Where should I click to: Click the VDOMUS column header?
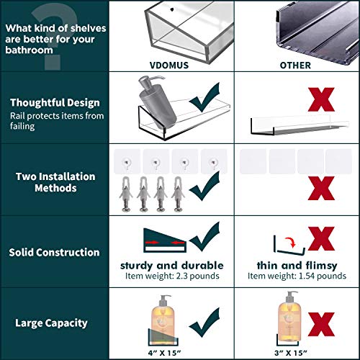click(x=169, y=66)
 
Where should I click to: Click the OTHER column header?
click(x=295, y=66)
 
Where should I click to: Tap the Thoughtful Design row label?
click(x=55, y=103)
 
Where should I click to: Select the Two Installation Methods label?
click(x=55, y=182)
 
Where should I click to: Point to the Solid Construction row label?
click(x=54, y=252)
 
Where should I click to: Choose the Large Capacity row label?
click(x=51, y=323)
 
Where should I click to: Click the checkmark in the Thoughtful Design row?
click(x=204, y=97)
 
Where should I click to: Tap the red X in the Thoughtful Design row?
click(x=321, y=99)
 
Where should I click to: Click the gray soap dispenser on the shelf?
click(x=157, y=100)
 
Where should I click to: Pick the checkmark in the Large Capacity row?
click(x=204, y=322)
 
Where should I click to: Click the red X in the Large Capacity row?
click(x=321, y=324)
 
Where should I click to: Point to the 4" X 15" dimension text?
click(x=164, y=353)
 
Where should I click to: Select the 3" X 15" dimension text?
click(x=291, y=353)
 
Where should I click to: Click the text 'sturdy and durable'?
click(x=172, y=266)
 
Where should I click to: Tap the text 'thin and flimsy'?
click(x=297, y=266)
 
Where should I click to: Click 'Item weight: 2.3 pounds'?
click(x=172, y=276)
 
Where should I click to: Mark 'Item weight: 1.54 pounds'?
click(x=297, y=276)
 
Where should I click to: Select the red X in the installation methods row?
click(x=321, y=188)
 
